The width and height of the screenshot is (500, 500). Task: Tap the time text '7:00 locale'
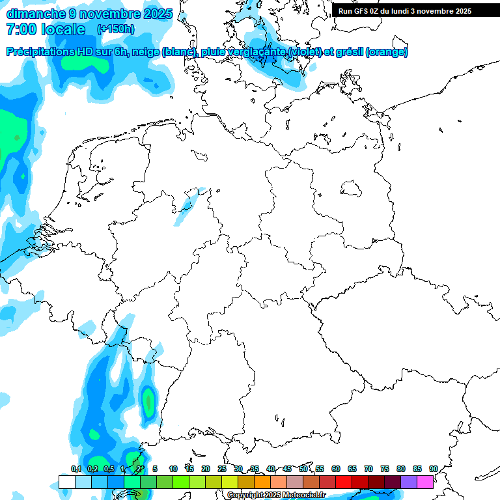[x=46, y=29]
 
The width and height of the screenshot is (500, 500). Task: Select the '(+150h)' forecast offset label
[x=115, y=29]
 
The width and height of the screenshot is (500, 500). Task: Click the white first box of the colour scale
[x=66, y=482]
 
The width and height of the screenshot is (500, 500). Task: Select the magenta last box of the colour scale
[x=425, y=482]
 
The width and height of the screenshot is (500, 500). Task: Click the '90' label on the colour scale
[x=434, y=469]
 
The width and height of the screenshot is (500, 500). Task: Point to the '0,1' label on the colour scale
[x=76, y=469]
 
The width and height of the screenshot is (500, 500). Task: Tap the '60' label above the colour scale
[x=336, y=469]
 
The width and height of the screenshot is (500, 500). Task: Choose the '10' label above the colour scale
[x=173, y=469]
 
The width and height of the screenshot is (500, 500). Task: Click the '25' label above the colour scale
[x=222, y=469]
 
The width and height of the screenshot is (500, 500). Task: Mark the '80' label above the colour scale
[x=401, y=469]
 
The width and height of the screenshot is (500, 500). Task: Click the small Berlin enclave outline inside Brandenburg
[x=352, y=189]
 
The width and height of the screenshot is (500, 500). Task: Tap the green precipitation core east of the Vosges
[x=148, y=400]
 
